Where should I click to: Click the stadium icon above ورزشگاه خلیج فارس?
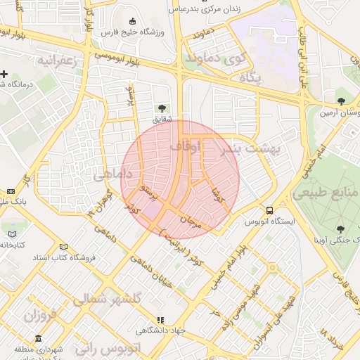[133, 21]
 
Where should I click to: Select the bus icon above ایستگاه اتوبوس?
[269, 210]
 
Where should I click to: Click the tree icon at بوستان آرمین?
[341, 101]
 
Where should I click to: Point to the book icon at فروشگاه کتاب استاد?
[64, 247]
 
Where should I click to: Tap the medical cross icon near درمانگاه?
[4, 74]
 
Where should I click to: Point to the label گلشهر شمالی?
[108, 299]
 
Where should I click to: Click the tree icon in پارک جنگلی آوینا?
[341, 229]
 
